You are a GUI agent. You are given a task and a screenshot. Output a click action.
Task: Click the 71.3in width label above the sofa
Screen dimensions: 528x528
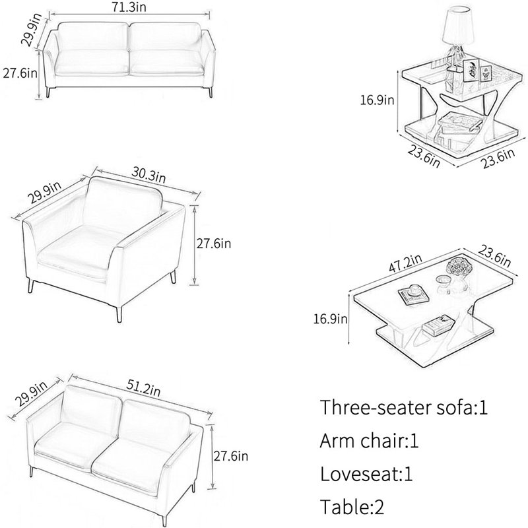point(129,7)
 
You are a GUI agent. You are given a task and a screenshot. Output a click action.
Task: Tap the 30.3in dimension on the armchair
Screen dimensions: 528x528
point(148,176)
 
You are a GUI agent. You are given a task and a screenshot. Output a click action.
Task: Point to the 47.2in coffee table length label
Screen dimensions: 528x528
point(405,263)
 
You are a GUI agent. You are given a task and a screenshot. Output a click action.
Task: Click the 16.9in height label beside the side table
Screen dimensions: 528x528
point(377,100)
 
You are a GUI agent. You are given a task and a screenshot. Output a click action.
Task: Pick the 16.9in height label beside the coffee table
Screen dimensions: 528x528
point(330,319)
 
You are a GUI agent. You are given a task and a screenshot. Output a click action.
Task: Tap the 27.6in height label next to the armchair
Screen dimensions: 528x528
point(214,244)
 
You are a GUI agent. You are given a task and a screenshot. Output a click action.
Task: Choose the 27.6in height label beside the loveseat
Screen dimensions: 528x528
point(230,456)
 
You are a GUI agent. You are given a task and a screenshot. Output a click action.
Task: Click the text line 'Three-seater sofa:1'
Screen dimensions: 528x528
point(404,407)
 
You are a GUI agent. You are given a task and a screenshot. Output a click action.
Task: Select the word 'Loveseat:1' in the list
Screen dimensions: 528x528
point(366,474)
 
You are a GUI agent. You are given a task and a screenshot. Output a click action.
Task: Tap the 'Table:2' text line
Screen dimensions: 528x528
point(352,506)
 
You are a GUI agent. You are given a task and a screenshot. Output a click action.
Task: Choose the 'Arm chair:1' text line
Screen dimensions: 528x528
point(369,440)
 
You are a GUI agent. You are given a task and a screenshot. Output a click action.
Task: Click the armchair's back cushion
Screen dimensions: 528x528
point(123,201)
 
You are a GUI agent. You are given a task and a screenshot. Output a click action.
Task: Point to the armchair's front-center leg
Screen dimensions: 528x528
point(119,313)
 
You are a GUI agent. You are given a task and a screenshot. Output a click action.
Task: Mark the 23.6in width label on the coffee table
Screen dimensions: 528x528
point(494,256)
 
